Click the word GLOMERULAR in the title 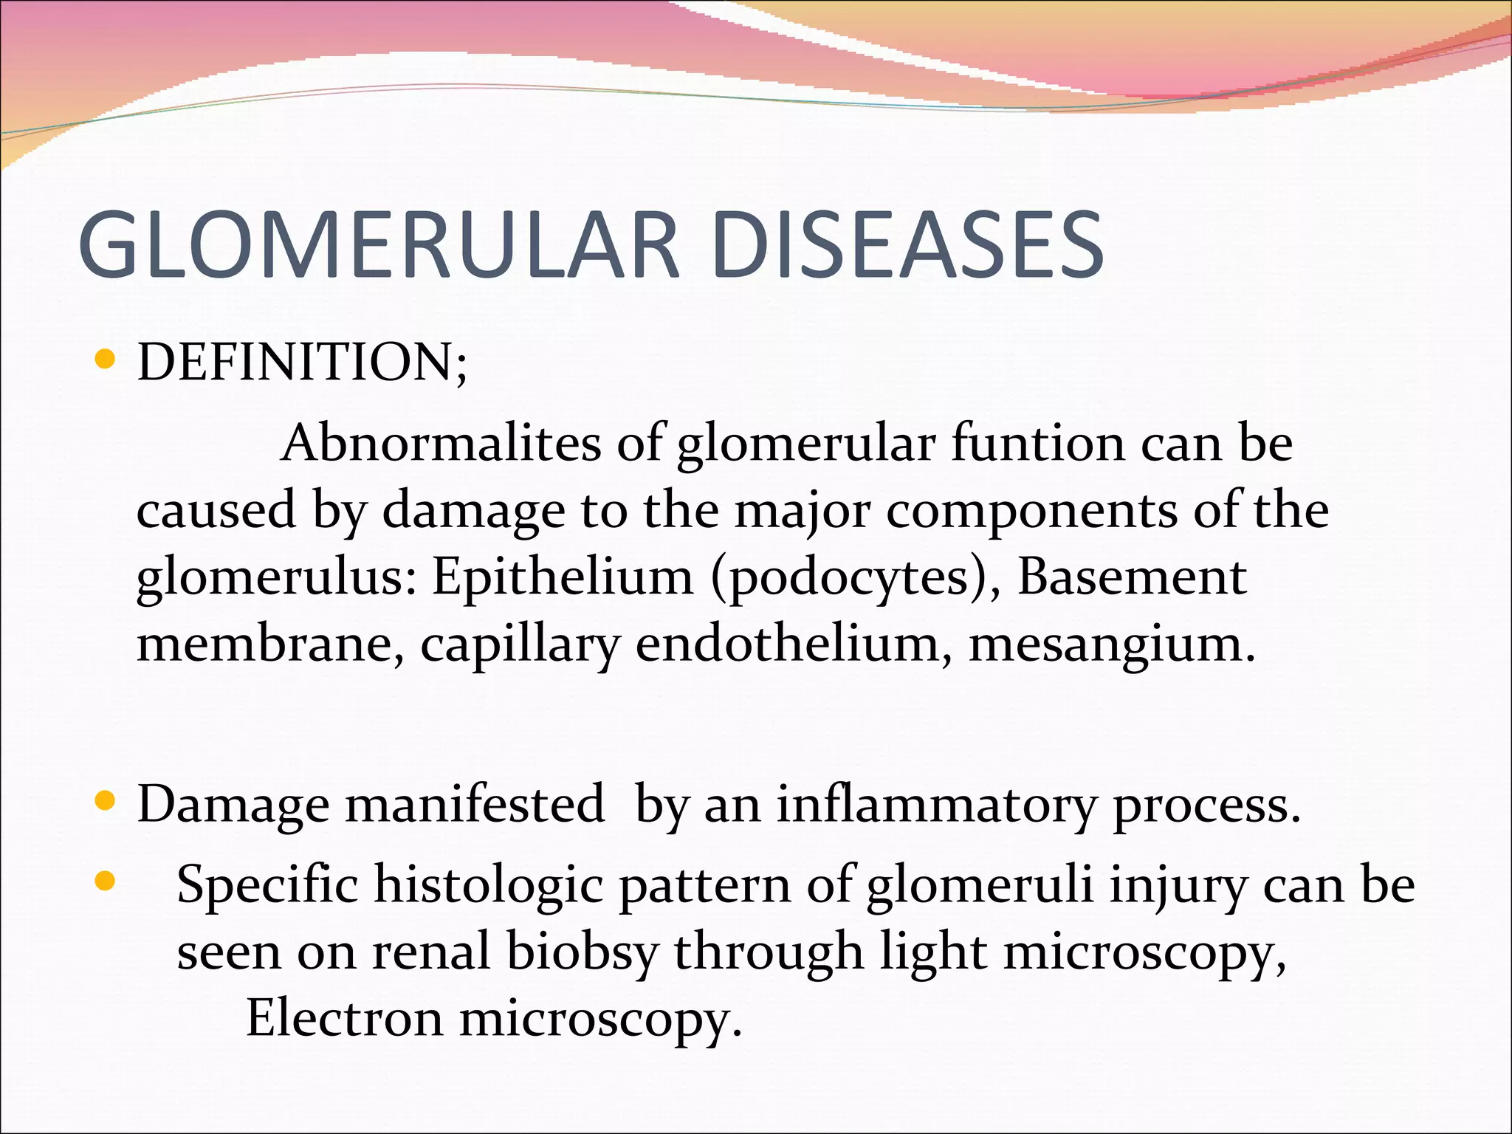(x=378, y=245)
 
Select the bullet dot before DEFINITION (x=106, y=360)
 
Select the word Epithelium (x=563, y=577)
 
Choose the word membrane (x=270, y=644)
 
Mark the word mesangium (x=1111, y=645)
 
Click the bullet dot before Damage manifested (x=106, y=800)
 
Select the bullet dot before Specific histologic (x=106, y=881)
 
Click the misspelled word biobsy (x=582, y=952)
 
